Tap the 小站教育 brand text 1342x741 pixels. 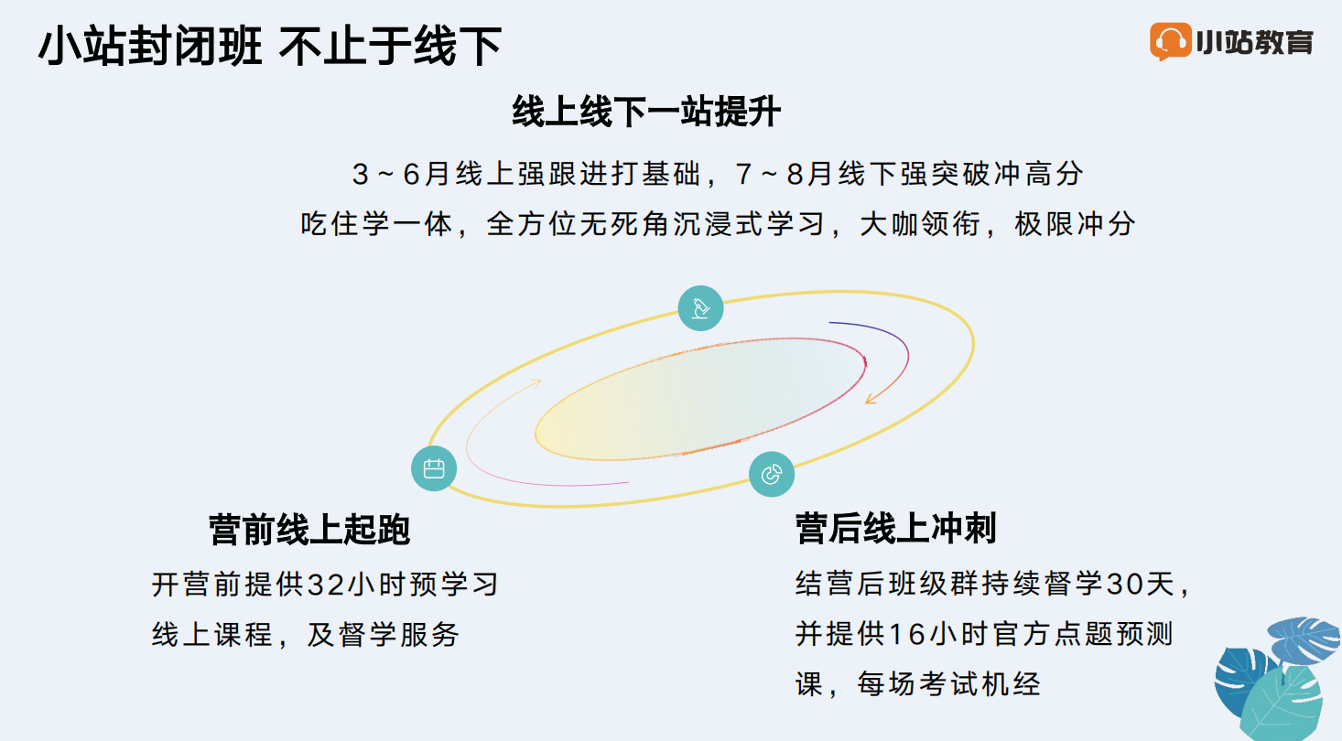coord(1255,42)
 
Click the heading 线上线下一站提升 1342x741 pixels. coord(646,112)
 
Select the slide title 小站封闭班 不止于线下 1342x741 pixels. coord(270,46)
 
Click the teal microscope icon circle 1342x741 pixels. coord(700,308)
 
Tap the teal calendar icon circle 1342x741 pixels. coord(434,468)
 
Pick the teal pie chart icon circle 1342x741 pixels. coord(772,474)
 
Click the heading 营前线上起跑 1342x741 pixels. coord(309,530)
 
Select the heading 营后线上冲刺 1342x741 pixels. coord(895,528)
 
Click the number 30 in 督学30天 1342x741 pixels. coord(1124,585)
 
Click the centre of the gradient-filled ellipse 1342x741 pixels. coord(700,399)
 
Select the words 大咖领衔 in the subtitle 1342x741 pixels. coord(920,224)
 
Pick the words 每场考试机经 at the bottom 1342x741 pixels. coord(948,683)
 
